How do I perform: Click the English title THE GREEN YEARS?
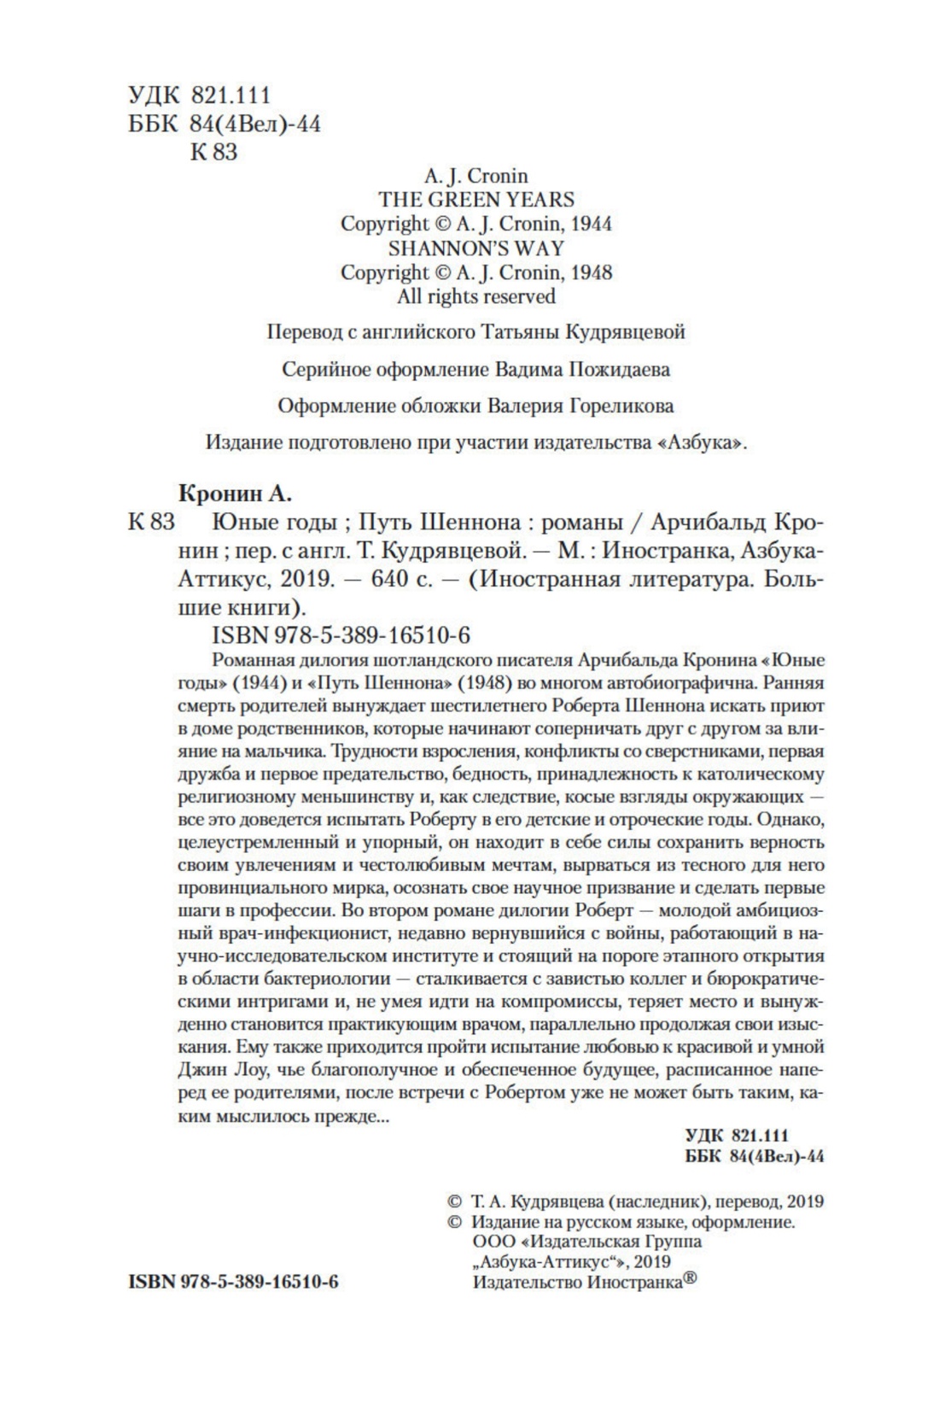point(476,200)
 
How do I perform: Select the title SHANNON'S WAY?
point(476,248)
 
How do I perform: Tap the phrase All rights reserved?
point(476,297)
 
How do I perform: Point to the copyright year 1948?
point(591,272)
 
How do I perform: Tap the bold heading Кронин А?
point(235,493)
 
